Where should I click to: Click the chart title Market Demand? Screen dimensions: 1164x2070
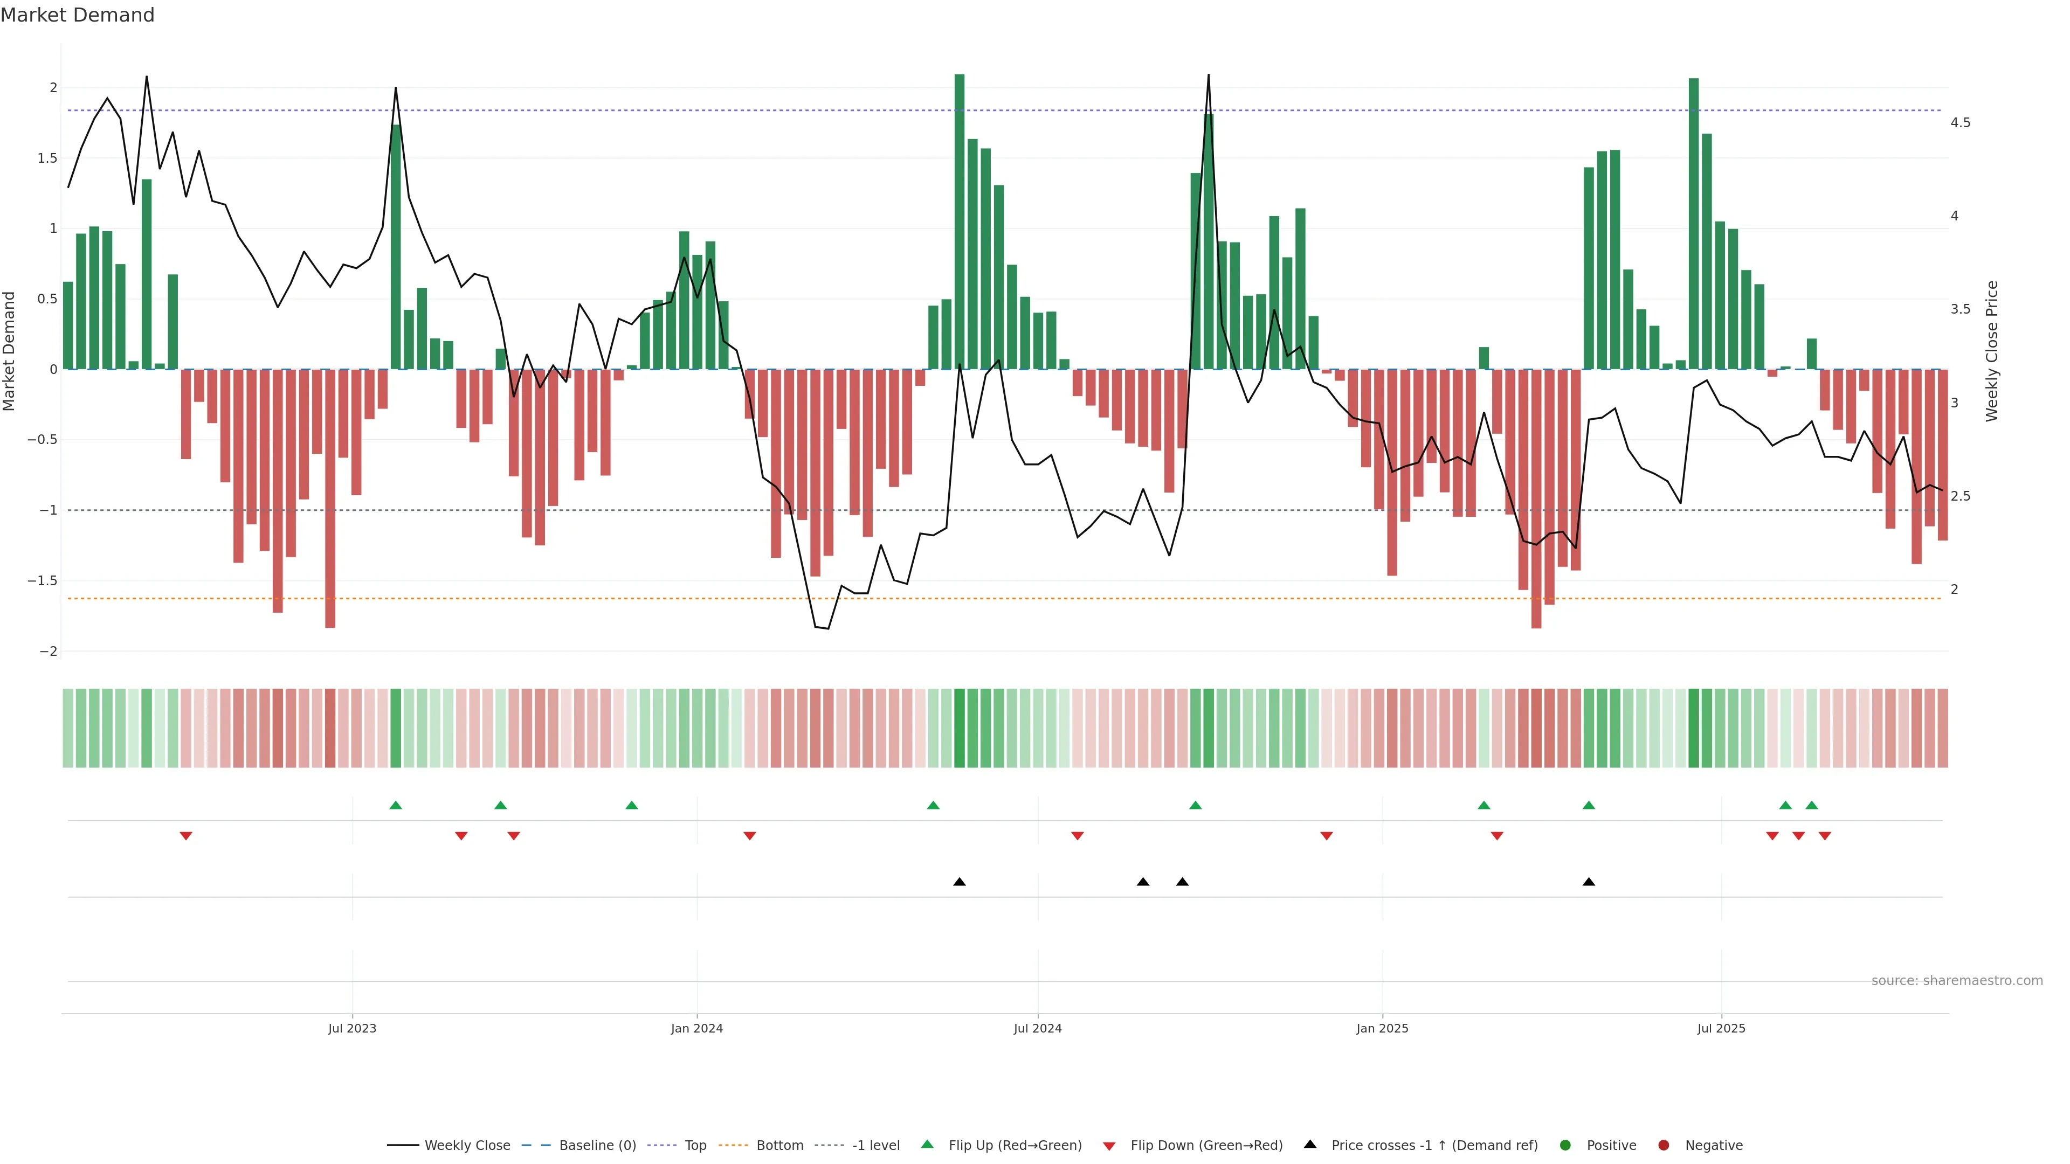pos(77,15)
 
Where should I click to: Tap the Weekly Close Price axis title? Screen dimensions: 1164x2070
pos(1991,351)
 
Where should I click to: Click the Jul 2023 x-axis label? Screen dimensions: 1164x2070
pos(352,1028)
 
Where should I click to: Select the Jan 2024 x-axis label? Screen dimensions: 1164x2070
pos(696,1028)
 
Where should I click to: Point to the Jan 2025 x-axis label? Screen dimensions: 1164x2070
pos(1382,1028)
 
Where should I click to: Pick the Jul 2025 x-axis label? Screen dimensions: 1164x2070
pos(1721,1028)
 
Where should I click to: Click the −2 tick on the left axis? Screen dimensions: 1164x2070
pos(48,652)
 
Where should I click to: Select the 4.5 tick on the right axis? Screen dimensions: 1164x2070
pos(1960,123)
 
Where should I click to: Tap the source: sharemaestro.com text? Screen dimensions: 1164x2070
pos(1957,981)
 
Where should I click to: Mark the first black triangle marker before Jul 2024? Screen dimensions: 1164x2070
pos(960,882)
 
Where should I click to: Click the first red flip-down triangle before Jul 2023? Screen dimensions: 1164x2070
pos(185,836)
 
